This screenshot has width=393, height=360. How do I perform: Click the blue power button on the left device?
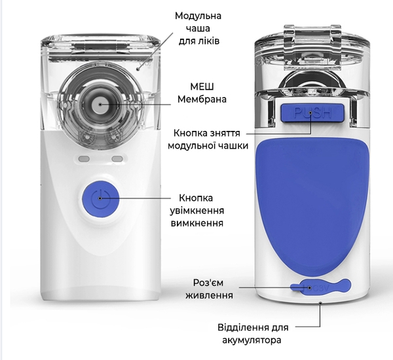pyautogui.click(x=100, y=198)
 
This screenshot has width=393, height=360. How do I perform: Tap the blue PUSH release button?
pyautogui.click(x=312, y=113)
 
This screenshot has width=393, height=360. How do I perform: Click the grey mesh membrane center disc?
pyautogui.click(x=100, y=104)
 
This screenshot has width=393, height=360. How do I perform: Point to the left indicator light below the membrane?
pyautogui.click(x=84, y=159)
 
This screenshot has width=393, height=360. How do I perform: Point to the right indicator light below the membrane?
pyautogui.click(x=117, y=159)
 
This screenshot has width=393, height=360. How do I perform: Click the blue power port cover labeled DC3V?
pyautogui.click(x=320, y=287)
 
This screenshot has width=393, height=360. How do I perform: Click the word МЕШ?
pyautogui.click(x=202, y=87)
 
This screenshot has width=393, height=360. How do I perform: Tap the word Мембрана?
pyautogui.click(x=202, y=99)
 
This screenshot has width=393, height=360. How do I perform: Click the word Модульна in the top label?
pyautogui.click(x=198, y=16)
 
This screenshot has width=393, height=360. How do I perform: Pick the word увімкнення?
pyautogui.click(x=197, y=211)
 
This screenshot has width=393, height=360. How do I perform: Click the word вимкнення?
pyautogui.click(x=197, y=223)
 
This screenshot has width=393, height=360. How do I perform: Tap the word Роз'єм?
pyautogui.click(x=208, y=283)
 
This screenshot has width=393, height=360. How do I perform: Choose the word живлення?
pyautogui.click(x=209, y=295)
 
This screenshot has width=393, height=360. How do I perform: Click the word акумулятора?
pyautogui.click(x=252, y=340)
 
